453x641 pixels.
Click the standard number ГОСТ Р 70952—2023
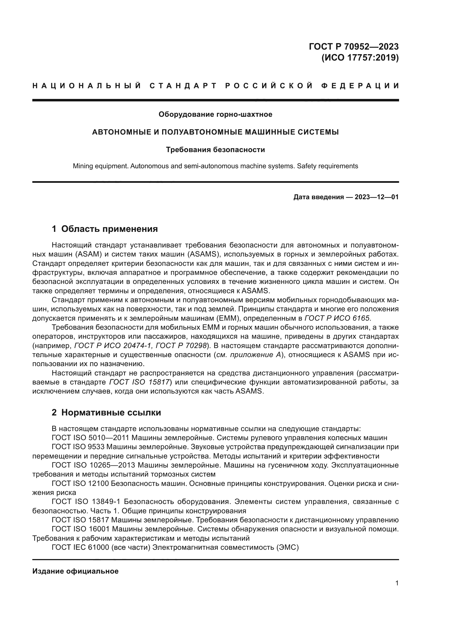[353, 46]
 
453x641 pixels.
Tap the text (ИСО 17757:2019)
[360, 58]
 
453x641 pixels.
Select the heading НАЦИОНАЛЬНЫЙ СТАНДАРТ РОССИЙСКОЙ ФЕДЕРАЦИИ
[216, 86]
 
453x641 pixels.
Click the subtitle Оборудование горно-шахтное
[215, 115]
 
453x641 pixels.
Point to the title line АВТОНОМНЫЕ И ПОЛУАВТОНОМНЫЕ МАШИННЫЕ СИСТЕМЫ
[215, 132]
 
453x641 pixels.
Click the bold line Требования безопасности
[215, 150]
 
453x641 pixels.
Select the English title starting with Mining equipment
[215, 166]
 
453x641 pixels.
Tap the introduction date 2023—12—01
[376, 197]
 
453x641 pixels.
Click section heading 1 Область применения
[105, 229]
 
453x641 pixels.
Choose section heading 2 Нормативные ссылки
[106, 413]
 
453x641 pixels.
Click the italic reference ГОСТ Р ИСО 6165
[337, 318]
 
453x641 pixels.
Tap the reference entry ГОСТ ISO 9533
[78, 447]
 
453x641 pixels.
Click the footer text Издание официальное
[75, 571]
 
